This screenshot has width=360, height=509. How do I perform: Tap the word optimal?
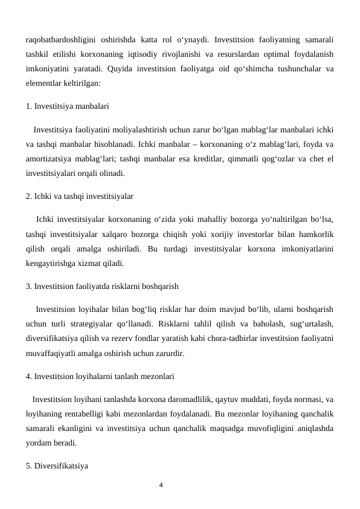269,54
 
